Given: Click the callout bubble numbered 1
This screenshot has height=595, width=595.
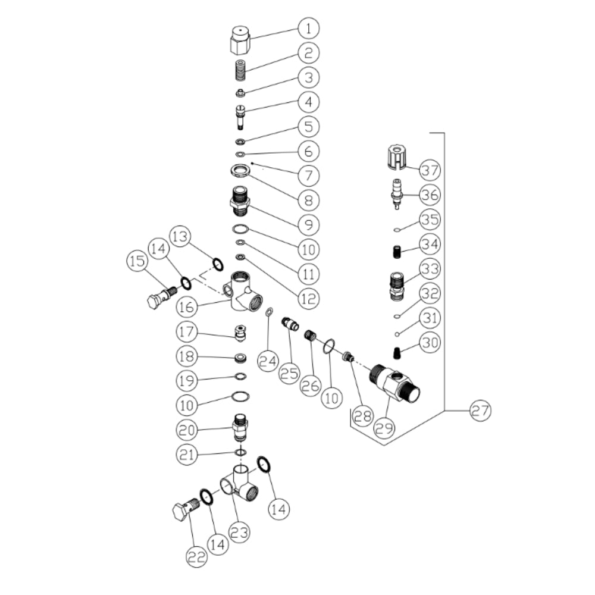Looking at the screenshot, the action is tap(308, 29).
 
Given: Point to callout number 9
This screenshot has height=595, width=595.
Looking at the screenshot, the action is tap(308, 225).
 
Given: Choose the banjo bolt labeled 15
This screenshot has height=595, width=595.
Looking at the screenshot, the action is tap(162, 297).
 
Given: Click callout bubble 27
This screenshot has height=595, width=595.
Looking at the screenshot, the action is tap(480, 411).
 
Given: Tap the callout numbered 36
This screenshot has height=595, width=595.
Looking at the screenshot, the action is tap(430, 195).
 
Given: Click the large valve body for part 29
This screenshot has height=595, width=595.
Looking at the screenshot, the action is tap(394, 383).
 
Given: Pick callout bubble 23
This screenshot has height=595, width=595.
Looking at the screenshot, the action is tap(239, 533).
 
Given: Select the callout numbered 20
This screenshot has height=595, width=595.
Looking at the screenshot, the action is tap(187, 430).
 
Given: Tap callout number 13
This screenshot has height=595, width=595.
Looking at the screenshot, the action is tap(180, 236).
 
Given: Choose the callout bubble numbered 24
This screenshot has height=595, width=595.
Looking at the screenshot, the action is tap(268, 361).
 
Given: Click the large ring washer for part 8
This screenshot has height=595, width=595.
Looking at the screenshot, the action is tap(240, 170).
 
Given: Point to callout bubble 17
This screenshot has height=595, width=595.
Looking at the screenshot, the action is tap(187, 331).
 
